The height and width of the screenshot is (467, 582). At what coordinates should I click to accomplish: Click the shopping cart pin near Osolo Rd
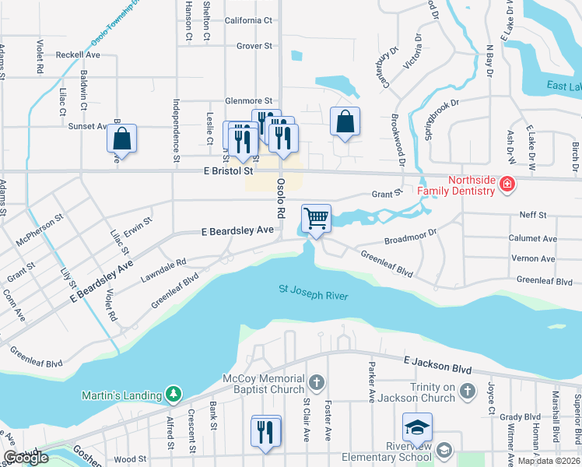click(316, 218)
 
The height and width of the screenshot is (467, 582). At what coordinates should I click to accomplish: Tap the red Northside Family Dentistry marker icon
click(507, 184)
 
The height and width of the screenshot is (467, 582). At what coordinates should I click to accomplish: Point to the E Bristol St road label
click(230, 170)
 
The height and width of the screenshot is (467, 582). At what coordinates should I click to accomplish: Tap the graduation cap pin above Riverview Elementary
click(417, 427)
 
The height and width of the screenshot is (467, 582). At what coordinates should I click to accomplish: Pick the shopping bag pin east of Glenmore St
click(345, 121)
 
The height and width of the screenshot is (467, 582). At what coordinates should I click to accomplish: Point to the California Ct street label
click(248, 20)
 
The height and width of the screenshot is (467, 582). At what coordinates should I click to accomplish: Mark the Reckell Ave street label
click(78, 55)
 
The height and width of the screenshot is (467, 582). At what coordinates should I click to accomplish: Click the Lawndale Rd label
click(163, 270)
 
